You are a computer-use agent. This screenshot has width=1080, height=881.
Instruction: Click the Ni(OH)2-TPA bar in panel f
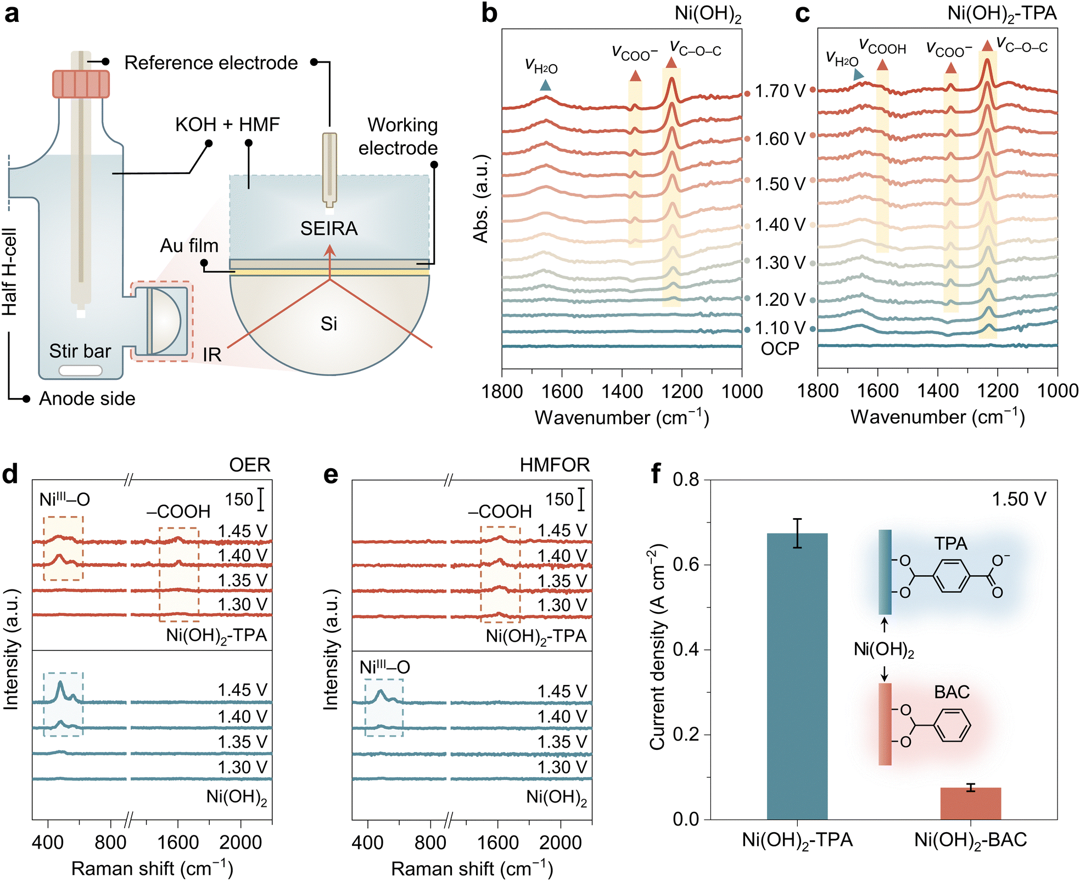click(797, 675)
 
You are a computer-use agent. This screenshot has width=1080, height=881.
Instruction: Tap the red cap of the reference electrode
click(81, 84)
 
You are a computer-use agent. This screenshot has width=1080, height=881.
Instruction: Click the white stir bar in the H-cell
click(80, 371)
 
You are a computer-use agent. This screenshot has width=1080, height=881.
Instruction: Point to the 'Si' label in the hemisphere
click(329, 324)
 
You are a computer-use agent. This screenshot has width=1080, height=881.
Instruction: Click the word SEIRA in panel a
click(329, 228)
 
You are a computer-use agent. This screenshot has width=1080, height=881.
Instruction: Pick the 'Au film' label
click(189, 245)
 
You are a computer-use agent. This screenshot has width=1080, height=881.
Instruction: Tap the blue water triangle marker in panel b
click(545, 85)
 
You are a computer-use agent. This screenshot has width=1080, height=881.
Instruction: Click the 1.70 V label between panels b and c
click(780, 91)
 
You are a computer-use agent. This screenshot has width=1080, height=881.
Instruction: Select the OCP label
click(780, 349)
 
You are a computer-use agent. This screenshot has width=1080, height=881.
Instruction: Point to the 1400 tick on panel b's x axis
click(622, 392)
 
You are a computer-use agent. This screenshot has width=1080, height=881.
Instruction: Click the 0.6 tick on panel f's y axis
click(686, 564)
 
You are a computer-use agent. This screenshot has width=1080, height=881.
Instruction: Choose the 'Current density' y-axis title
click(657, 648)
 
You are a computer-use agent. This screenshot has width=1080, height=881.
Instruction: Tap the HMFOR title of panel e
click(555, 465)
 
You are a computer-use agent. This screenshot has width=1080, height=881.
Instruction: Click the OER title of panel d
click(250, 465)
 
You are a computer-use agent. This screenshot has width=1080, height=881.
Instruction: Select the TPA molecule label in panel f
click(950, 544)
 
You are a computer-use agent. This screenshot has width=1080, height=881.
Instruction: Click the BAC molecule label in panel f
click(952, 692)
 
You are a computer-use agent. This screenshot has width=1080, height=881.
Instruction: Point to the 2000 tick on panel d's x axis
click(240, 842)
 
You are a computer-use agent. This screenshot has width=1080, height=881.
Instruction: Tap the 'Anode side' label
click(87, 399)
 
